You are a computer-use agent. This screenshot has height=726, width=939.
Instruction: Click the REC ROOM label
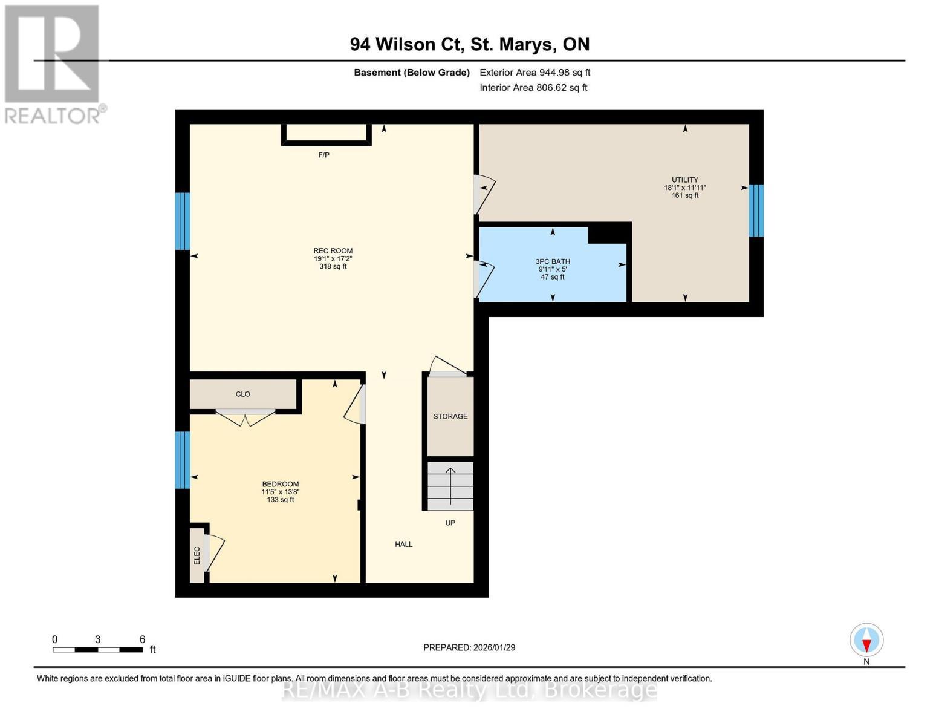coord(333,251)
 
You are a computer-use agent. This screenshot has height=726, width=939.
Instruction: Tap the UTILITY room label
coord(684,180)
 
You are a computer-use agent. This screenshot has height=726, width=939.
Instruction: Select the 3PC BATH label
coord(553,261)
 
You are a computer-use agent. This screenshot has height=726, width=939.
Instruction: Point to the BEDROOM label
coord(280,484)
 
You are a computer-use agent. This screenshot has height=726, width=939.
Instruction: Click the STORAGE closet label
coord(450,416)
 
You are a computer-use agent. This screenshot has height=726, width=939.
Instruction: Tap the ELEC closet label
coord(197,555)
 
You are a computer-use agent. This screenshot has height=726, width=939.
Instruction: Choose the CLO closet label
coord(242,394)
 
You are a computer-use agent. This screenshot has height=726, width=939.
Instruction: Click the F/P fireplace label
coord(323,155)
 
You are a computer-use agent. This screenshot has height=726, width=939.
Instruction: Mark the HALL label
coord(403,544)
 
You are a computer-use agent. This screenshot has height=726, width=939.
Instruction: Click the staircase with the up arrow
coord(450,486)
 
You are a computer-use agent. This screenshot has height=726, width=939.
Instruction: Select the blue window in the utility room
coord(756,211)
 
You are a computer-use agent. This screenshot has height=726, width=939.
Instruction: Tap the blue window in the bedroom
coord(183,460)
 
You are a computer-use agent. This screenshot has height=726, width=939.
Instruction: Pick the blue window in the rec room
coord(183,221)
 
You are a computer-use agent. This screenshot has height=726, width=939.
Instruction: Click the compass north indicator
coord(866,641)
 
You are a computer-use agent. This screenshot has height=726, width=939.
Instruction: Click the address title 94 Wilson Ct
coord(469,44)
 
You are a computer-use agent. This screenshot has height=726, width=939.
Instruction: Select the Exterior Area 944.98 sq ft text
coord(534,73)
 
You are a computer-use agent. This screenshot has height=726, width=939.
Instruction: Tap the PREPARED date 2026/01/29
coord(469,647)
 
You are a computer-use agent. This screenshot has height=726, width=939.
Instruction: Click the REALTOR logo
coord(53,64)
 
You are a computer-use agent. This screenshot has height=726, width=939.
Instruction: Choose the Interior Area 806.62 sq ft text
coord(533,88)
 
